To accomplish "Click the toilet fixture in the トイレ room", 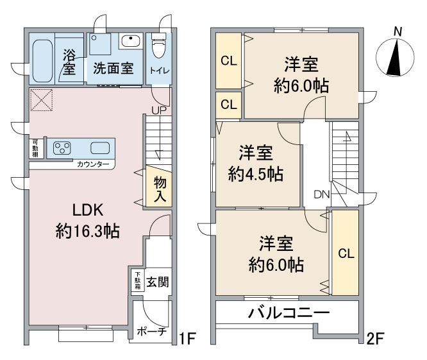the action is (158, 46).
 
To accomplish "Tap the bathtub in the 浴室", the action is (42, 61).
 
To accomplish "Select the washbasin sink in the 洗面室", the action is (131, 41).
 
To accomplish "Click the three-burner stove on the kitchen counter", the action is (62, 148).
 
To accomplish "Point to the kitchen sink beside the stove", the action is (100, 148).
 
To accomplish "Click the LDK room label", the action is (88, 210).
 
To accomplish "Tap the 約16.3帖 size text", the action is (88, 231).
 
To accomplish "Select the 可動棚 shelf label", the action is (35, 148).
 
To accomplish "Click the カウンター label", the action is (93, 164).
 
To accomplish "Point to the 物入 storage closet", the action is (159, 186).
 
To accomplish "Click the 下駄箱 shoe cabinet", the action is (138, 280).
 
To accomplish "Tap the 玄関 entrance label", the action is (158, 282).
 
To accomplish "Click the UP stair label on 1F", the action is (159, 110).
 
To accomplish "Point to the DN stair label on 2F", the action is (322, 194).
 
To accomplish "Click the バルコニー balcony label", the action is (289, 313).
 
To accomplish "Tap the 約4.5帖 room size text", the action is (255, 174).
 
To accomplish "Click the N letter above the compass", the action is (398, 32).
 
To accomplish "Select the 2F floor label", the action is (375, 339).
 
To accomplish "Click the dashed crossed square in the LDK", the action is (41, 99).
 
